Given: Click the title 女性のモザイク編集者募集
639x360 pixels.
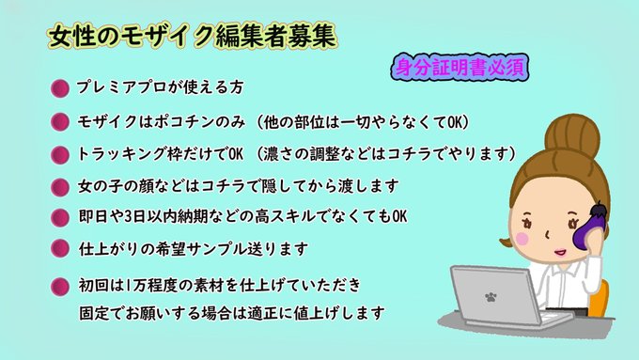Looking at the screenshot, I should tap(191, 37).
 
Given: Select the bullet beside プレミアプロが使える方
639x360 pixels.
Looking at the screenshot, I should tap(59, 88).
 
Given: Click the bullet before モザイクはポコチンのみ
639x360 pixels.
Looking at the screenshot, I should tap(59, 122).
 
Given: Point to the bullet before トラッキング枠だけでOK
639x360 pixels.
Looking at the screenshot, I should tap(59, 154).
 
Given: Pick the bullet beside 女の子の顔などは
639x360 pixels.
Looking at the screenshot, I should tap(59, 186).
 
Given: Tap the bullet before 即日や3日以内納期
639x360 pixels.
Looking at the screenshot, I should tap(59, 217).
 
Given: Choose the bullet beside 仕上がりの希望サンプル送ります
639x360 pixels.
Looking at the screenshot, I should tap(59, 249).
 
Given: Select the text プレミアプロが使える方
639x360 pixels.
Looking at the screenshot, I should tap(160, 87).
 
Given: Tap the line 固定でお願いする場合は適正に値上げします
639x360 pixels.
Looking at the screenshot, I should tap(231, 309).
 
